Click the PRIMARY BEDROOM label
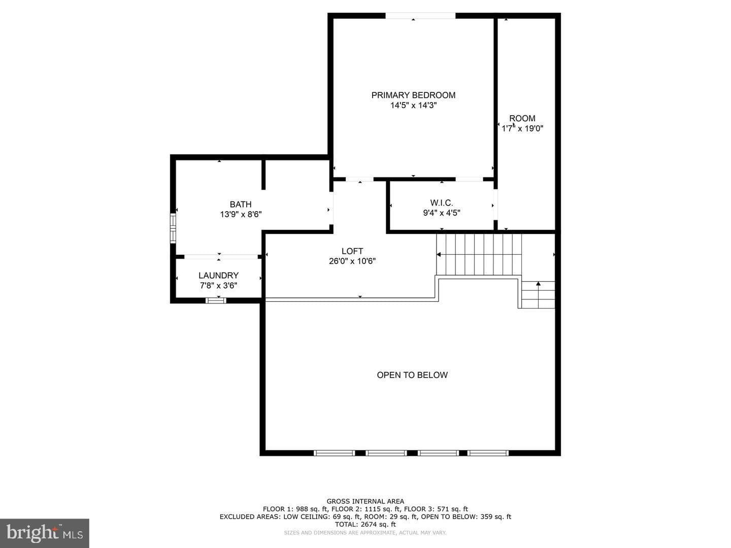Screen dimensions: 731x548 click(x=413, y=95)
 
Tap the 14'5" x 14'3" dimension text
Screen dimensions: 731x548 click(x=413, y=106)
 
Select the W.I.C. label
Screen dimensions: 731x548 click(x=442, y=202)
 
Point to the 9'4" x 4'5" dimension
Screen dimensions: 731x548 click(x=442, y=213)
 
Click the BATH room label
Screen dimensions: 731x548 click(x=241, y=204)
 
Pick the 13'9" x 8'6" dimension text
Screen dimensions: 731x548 click(x=241, y=214)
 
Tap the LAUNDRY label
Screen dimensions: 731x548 click(x=218, y=276)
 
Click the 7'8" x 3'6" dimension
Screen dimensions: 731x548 click(x=218, y=286)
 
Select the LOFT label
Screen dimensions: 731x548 click(x=352, y=251)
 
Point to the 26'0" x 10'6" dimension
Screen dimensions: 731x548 click(x=352, y=261)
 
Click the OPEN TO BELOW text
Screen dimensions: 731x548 click(x=412, y=375)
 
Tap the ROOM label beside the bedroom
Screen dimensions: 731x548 click(x=522, y=118)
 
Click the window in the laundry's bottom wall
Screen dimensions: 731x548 click(x=216, y=300)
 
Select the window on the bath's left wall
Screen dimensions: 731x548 click(x=173, y=228)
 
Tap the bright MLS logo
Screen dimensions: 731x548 click(x=45, y=533)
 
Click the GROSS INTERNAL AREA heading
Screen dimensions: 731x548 click(x=365, y=501)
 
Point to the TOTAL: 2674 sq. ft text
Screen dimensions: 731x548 click(x=365, y=524)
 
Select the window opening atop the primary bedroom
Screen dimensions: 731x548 click(x=420, y=16)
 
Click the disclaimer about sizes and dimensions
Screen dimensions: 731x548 click(x=365, y=533)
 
